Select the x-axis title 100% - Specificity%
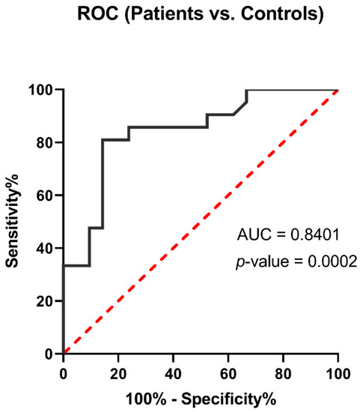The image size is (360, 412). (x=201, y=399)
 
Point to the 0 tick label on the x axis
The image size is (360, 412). (x=64, y=372)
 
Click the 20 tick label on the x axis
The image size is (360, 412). (x=118, y=372)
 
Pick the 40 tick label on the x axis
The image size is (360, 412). (x=174, y=372)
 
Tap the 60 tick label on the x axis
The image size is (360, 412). (x=228, y=372)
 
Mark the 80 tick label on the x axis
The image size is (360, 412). (x=284, y=372)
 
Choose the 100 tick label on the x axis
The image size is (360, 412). (x=338, y=372)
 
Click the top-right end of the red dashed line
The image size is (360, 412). (x=338, y=91)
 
